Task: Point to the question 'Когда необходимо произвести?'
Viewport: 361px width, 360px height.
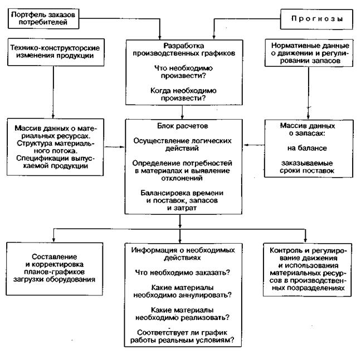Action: coord(180,93)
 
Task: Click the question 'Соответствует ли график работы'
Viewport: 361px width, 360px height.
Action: coord(180,336)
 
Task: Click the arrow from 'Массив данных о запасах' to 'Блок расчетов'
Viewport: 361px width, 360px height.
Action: coord(251,146)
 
